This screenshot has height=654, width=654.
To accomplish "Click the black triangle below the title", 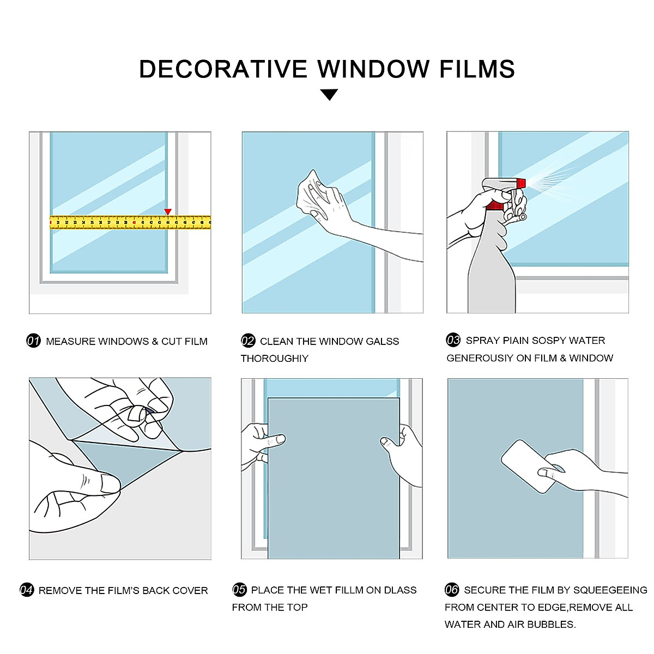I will (329, 95).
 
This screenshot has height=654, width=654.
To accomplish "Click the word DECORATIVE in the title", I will (223, 69).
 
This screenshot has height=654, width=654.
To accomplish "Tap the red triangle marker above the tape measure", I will (168, 211).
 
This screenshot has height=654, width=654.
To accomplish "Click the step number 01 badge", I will (34, 341).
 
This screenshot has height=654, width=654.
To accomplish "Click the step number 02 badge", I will (248, 341).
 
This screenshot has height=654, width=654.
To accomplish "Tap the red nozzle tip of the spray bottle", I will (521, 183).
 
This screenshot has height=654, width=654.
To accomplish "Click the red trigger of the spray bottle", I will (495, 205).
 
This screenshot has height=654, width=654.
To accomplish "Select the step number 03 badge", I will (453, 340).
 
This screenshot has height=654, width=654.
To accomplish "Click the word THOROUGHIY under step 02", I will (275, 359).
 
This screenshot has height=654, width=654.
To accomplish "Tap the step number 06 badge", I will (452, 590).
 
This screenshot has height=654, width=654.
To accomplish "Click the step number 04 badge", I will (27, 590).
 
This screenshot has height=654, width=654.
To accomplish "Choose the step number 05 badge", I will (239, 590).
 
